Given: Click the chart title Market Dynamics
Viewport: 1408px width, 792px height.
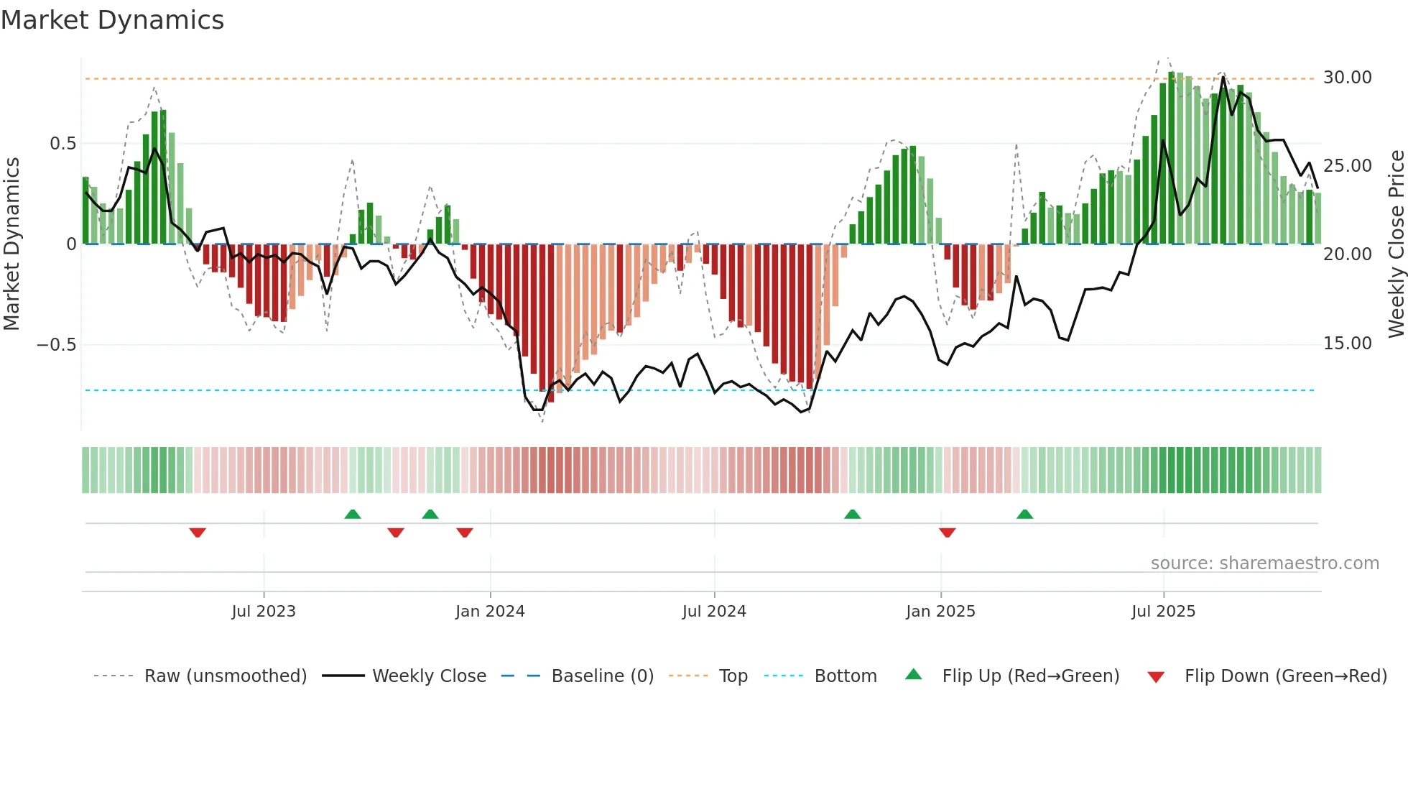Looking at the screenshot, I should point(112,20).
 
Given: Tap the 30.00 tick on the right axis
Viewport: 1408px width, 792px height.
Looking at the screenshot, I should point(1347,78).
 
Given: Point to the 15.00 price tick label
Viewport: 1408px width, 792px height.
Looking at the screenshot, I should point(1347,344).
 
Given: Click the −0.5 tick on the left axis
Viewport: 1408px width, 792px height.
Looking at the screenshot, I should point(56,345).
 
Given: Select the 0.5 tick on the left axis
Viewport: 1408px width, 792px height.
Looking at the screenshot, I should point(62,144).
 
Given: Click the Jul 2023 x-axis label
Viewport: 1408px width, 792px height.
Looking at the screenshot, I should point(264,612).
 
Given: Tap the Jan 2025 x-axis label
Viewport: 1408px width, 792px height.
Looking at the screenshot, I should point(940,612).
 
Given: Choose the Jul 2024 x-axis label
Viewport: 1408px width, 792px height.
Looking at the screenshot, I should point(714,612).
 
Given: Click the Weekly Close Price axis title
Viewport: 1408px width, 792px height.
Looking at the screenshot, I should point(1396,244).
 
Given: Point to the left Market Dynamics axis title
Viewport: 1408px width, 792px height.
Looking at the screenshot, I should point(11,244).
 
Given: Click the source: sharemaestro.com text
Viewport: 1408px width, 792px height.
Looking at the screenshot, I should point(1264,563).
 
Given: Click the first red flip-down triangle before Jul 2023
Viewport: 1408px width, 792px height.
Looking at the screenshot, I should point(198,533).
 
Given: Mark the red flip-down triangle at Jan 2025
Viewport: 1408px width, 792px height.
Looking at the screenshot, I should point(947,533).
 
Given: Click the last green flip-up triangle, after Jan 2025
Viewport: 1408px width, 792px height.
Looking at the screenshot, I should point(1024,515).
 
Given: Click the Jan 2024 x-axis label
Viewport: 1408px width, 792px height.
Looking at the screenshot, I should point(490,612).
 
